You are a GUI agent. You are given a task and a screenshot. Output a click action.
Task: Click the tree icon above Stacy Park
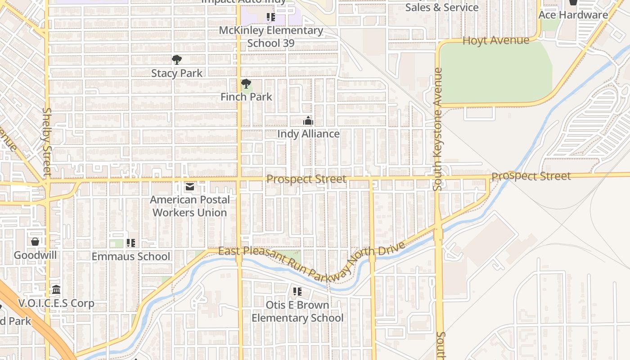click(177, 59)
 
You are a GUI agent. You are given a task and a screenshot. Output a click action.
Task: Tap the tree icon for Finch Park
click(246, 84)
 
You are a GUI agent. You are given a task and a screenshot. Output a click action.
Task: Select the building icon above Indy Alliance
click(308, 121)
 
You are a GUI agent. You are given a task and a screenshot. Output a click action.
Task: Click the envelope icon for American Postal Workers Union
click(190, 186)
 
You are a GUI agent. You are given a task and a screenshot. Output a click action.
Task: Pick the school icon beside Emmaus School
click(131, 243)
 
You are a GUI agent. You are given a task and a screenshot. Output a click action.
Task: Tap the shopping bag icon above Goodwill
click(35, 242)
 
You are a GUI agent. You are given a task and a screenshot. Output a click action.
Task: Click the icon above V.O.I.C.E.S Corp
click(56, 289)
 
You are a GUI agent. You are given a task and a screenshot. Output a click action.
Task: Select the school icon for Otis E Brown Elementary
click(297, 292)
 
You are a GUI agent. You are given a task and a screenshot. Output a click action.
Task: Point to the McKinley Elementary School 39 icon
click(270, 18)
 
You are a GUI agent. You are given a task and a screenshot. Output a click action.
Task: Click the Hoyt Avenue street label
click(496, 40)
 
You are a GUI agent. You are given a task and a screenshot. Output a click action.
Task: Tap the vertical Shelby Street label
click(47, 141)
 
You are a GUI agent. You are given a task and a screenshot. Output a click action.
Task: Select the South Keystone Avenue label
click(438, 129)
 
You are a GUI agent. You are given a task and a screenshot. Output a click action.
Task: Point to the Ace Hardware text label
click(573, 15)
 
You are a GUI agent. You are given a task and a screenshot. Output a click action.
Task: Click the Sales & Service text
click(441, 8)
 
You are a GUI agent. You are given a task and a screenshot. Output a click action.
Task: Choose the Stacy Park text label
click(177, 73)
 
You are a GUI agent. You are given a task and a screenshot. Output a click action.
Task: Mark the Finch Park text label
click(246, 97)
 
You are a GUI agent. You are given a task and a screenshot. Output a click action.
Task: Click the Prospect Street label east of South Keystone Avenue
click(531, 176)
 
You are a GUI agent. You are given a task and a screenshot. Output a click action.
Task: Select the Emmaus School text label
click(131, 256)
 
